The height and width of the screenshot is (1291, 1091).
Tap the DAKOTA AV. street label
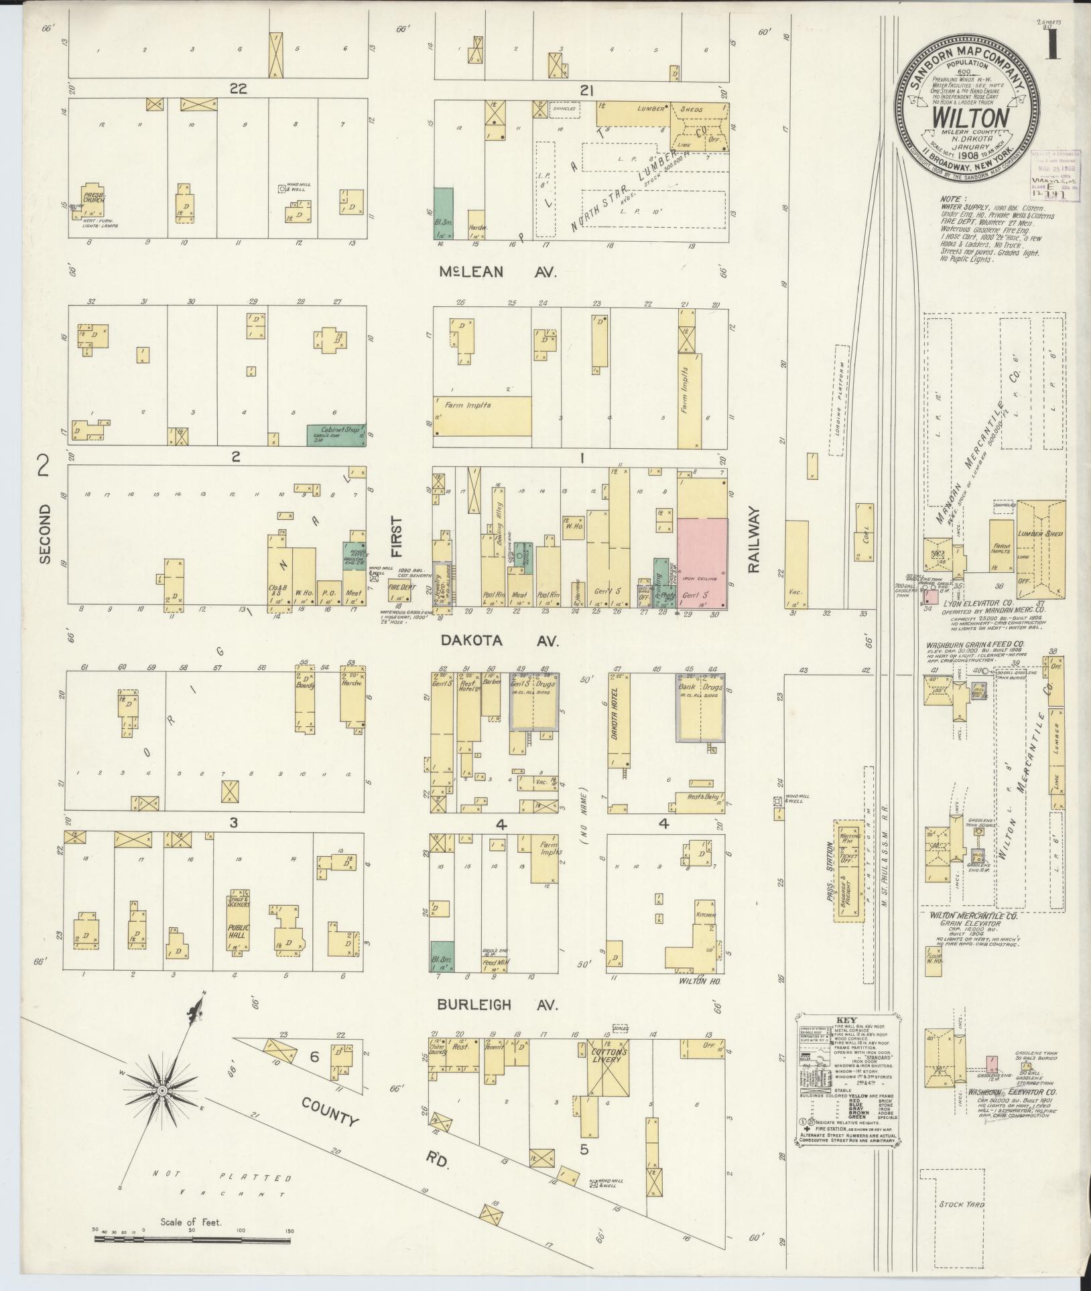(x=499, y=641)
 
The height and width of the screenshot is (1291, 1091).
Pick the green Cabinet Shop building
(x=336, y=434)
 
